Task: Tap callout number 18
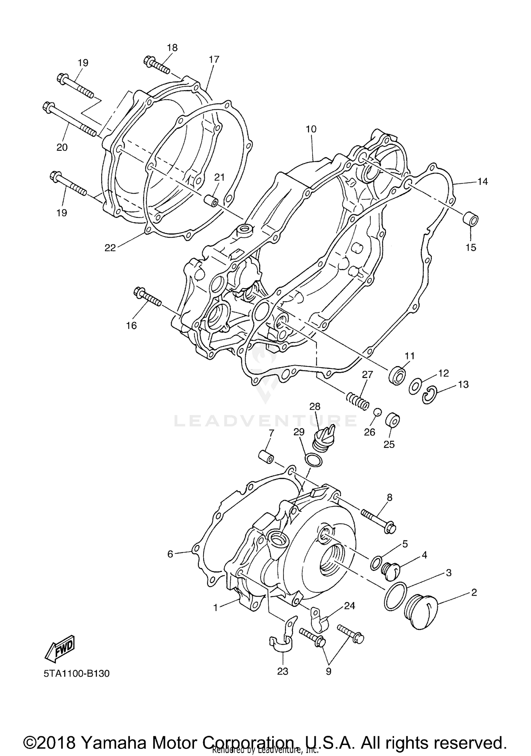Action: pyautogui.click(x=172, y=47)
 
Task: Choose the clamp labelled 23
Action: pyautogui.click(x=281, y=642)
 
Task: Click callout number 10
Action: pyautogui.click(x=311, y=129)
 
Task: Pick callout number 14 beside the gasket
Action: pyautogui.click(x=482, y=181)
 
